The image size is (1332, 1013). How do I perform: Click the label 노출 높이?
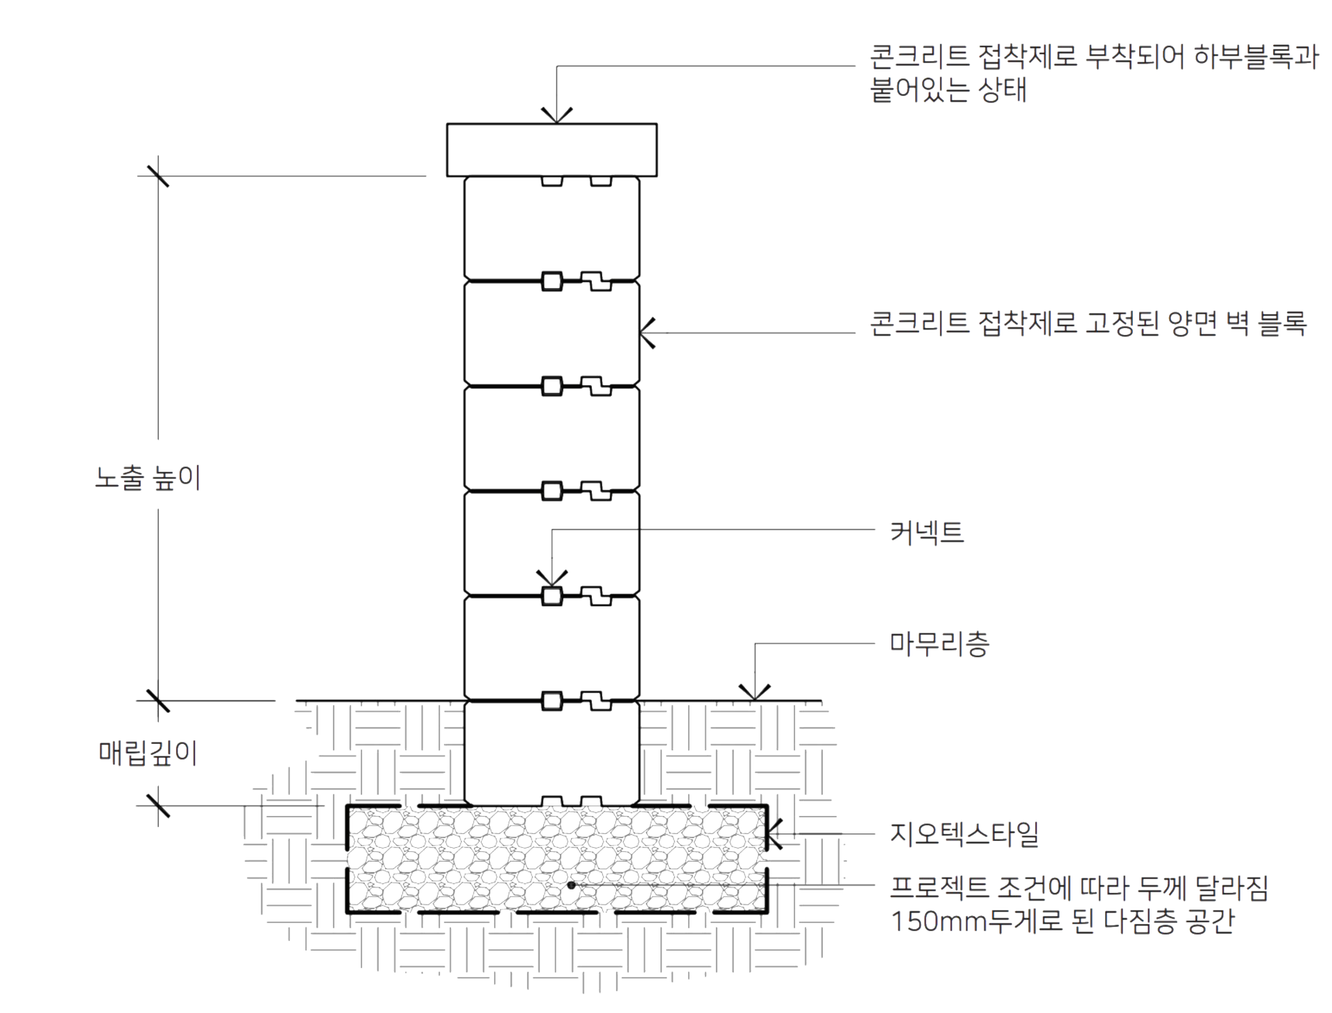click(148, 478)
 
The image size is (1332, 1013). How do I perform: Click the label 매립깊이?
click(148, 753)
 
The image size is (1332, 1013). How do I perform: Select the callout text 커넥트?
click(927, 532)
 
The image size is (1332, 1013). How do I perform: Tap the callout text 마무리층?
click(939, 644)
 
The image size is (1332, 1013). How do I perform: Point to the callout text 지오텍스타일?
click(964, 834)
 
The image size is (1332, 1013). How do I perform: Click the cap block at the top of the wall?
click(552, 150)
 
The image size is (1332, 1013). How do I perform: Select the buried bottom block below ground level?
click(552, 754)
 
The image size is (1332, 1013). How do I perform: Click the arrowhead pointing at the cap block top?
click(556, 116)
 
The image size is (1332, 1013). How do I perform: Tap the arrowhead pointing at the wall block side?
click(647, 333)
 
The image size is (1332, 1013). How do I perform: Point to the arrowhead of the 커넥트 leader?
click(552, 579)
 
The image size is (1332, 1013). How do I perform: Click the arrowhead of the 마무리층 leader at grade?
click(755, 692)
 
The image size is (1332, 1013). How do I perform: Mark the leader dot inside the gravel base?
click(571, 885)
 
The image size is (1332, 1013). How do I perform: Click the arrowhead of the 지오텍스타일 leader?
click(774, 834)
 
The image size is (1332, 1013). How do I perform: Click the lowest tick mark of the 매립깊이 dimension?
click(158, 806)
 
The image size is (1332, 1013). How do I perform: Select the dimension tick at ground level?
click(158, 701)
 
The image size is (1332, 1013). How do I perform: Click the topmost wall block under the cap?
click(552, 228)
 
